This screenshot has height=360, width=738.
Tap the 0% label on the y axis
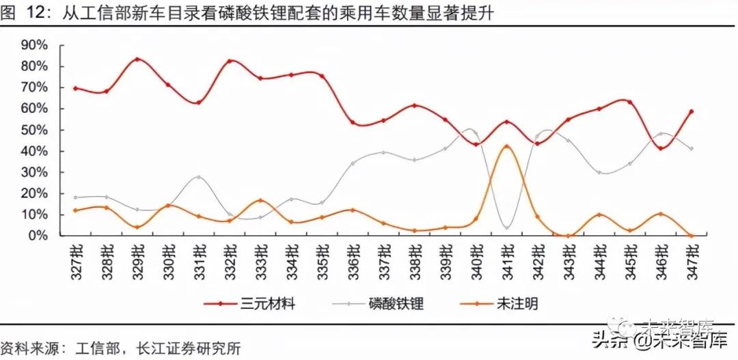[x=39, y=236]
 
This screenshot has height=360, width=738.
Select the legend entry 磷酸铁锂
[x=396, y=303]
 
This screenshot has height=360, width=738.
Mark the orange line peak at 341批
[x=506, y=146]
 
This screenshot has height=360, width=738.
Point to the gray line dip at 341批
[x=506, y=227]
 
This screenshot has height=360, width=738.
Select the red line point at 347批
[x=691, y=111]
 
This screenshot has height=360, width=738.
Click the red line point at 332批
[x=229, y=61]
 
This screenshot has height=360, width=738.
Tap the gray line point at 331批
[x=198, y=177]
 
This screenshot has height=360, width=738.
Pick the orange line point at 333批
[x=260, y=200]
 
